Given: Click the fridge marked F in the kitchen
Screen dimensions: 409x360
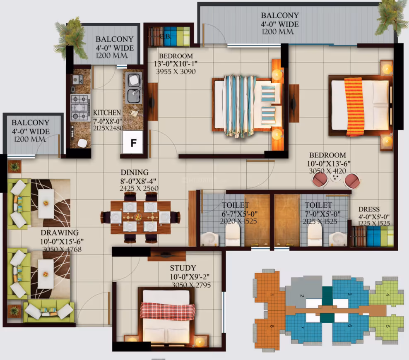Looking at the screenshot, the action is coord(133,142).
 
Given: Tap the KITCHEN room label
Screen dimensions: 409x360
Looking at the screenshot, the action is coord(107,113).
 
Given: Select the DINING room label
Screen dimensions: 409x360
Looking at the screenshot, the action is coord(135,172).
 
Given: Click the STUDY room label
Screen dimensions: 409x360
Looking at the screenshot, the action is coord(183,268).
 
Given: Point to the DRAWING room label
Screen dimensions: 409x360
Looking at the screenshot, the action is coord(60,233).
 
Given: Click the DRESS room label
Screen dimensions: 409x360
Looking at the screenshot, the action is coord(369,209).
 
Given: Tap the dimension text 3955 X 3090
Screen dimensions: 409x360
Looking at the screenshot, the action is coord(176,72).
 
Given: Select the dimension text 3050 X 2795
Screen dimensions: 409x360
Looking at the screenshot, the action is coord(191,285).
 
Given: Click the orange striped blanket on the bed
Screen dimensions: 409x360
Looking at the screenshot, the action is coord(354,106).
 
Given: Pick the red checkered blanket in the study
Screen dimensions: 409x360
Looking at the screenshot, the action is coord(168,310).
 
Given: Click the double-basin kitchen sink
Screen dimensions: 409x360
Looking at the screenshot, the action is coord(134,88).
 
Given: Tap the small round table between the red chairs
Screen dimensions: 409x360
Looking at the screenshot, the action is coord(335,178).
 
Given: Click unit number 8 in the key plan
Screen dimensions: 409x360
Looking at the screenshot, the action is coord(272,326).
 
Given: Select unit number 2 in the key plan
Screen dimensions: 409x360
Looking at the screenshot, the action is coord(302,295).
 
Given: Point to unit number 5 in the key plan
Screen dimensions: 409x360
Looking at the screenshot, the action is coord(387,326).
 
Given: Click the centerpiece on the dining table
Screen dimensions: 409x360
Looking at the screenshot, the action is coord(138,217).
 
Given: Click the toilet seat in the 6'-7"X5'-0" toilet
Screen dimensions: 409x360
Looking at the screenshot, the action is coord(232,235).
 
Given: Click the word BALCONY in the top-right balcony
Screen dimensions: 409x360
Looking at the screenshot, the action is coord(280,15).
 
